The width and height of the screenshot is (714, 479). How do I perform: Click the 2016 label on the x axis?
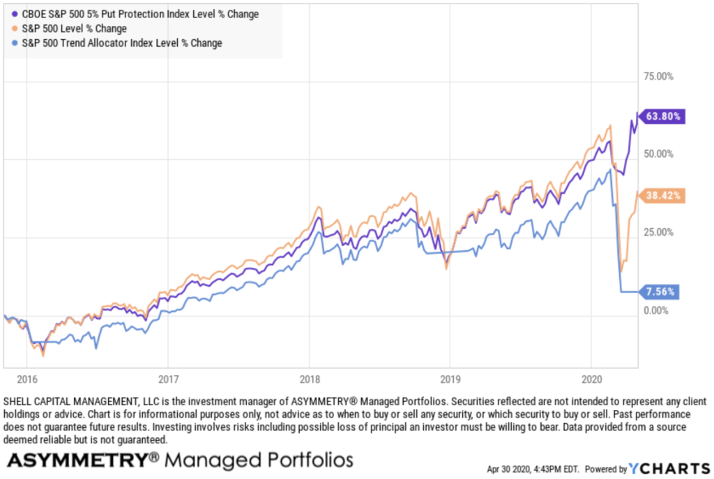tap(26, 380)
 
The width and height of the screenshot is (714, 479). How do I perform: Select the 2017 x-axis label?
tap(167, 380)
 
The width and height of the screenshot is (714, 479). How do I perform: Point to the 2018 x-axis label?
tap(309, 380)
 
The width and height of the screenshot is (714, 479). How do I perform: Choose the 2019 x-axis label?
tap(450, 380)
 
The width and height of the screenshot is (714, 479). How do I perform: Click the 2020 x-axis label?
tap(591, 380)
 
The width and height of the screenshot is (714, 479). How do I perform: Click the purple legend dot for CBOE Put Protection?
tap(15, 14)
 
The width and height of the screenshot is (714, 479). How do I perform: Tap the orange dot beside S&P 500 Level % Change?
tap(15, 29)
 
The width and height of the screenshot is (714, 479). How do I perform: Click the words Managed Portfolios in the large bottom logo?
tap(259, 460)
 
